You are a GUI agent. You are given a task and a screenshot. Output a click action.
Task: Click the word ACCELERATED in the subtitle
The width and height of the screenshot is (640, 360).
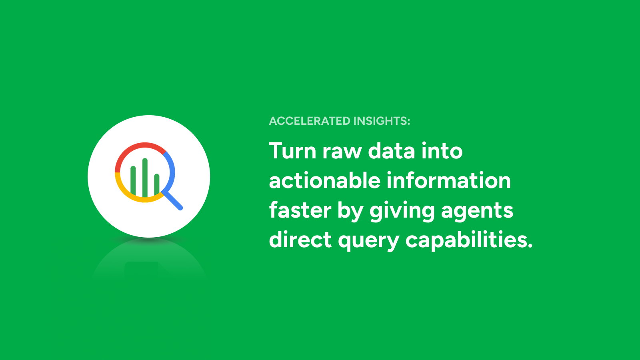[x=310, y=121]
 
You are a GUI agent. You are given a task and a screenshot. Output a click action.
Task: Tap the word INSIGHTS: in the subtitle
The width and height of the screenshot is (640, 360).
[x=382, y=121]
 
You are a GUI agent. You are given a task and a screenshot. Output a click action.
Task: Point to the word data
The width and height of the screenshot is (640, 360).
[x=392, y=150]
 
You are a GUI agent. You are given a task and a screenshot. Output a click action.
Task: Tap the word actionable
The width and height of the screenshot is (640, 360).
[x=324, y=180]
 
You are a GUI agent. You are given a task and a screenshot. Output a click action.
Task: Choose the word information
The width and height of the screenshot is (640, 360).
[x=448, y=180]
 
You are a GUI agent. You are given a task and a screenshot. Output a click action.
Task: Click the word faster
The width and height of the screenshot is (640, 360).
[x=300, y=210]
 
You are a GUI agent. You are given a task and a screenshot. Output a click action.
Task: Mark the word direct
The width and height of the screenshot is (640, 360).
[x=300, y=240]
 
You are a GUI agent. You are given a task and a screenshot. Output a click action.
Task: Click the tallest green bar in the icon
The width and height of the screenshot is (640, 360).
[x=145, y=178]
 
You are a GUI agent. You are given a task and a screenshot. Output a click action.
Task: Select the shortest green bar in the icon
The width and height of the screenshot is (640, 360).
[x=156, y=184]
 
